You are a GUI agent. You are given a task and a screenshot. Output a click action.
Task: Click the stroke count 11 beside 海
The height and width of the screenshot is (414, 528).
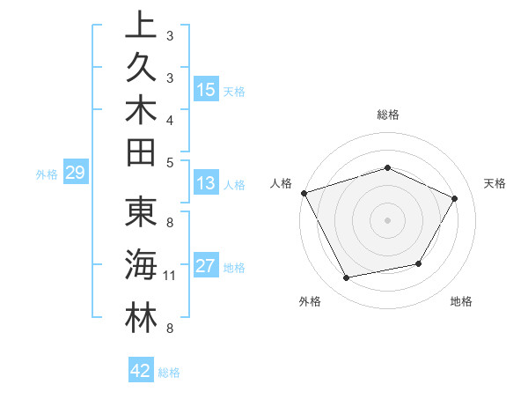pos(169,276)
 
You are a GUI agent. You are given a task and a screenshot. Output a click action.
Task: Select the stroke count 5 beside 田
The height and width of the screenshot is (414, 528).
pos(169,162)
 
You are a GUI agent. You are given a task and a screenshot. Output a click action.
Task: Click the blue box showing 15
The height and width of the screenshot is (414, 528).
pos(206,90)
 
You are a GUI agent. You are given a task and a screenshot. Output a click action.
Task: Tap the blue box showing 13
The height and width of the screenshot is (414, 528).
pos(206,184)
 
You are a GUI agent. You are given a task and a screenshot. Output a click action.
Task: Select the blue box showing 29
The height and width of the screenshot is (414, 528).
pos(75,174)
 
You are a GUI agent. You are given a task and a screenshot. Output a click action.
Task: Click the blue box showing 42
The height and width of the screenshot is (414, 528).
pos(141,372)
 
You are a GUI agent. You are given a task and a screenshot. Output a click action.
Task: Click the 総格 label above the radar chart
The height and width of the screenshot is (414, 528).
pos(387,115)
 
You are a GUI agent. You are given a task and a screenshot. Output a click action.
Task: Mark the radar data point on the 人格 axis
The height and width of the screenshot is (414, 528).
pos(304,193)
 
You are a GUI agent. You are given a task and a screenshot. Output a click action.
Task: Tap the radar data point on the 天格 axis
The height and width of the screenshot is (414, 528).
pos(454,198)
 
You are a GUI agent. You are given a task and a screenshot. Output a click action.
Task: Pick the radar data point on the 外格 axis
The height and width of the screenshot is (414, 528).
pos(346,278)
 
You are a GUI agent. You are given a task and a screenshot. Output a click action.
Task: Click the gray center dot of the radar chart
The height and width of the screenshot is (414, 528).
pos(387,219)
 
